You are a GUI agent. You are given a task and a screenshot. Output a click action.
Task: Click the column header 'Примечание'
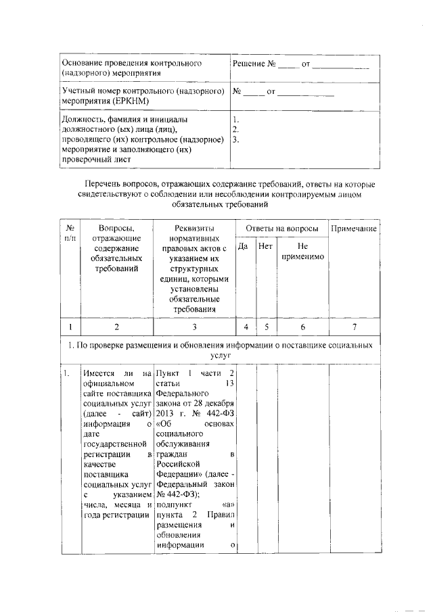pos(353,229)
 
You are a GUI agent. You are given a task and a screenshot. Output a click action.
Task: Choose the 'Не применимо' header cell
pos(302,252)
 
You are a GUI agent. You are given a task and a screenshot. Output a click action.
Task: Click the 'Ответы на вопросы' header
pos(281,229)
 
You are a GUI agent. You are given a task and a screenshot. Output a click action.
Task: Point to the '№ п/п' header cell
pos(70,234)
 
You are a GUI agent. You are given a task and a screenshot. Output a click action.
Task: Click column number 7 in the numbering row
pos(353,327)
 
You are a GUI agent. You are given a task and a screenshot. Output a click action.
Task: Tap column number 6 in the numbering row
pos(302,327)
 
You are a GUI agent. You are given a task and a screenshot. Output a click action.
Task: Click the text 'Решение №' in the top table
pos(255,64)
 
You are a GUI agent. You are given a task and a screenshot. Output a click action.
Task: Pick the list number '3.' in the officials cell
pos(235,140)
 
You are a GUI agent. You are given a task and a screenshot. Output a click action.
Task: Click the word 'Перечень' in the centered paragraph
pos(104,184)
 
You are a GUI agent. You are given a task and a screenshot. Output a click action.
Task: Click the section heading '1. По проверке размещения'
pos(135,345)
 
